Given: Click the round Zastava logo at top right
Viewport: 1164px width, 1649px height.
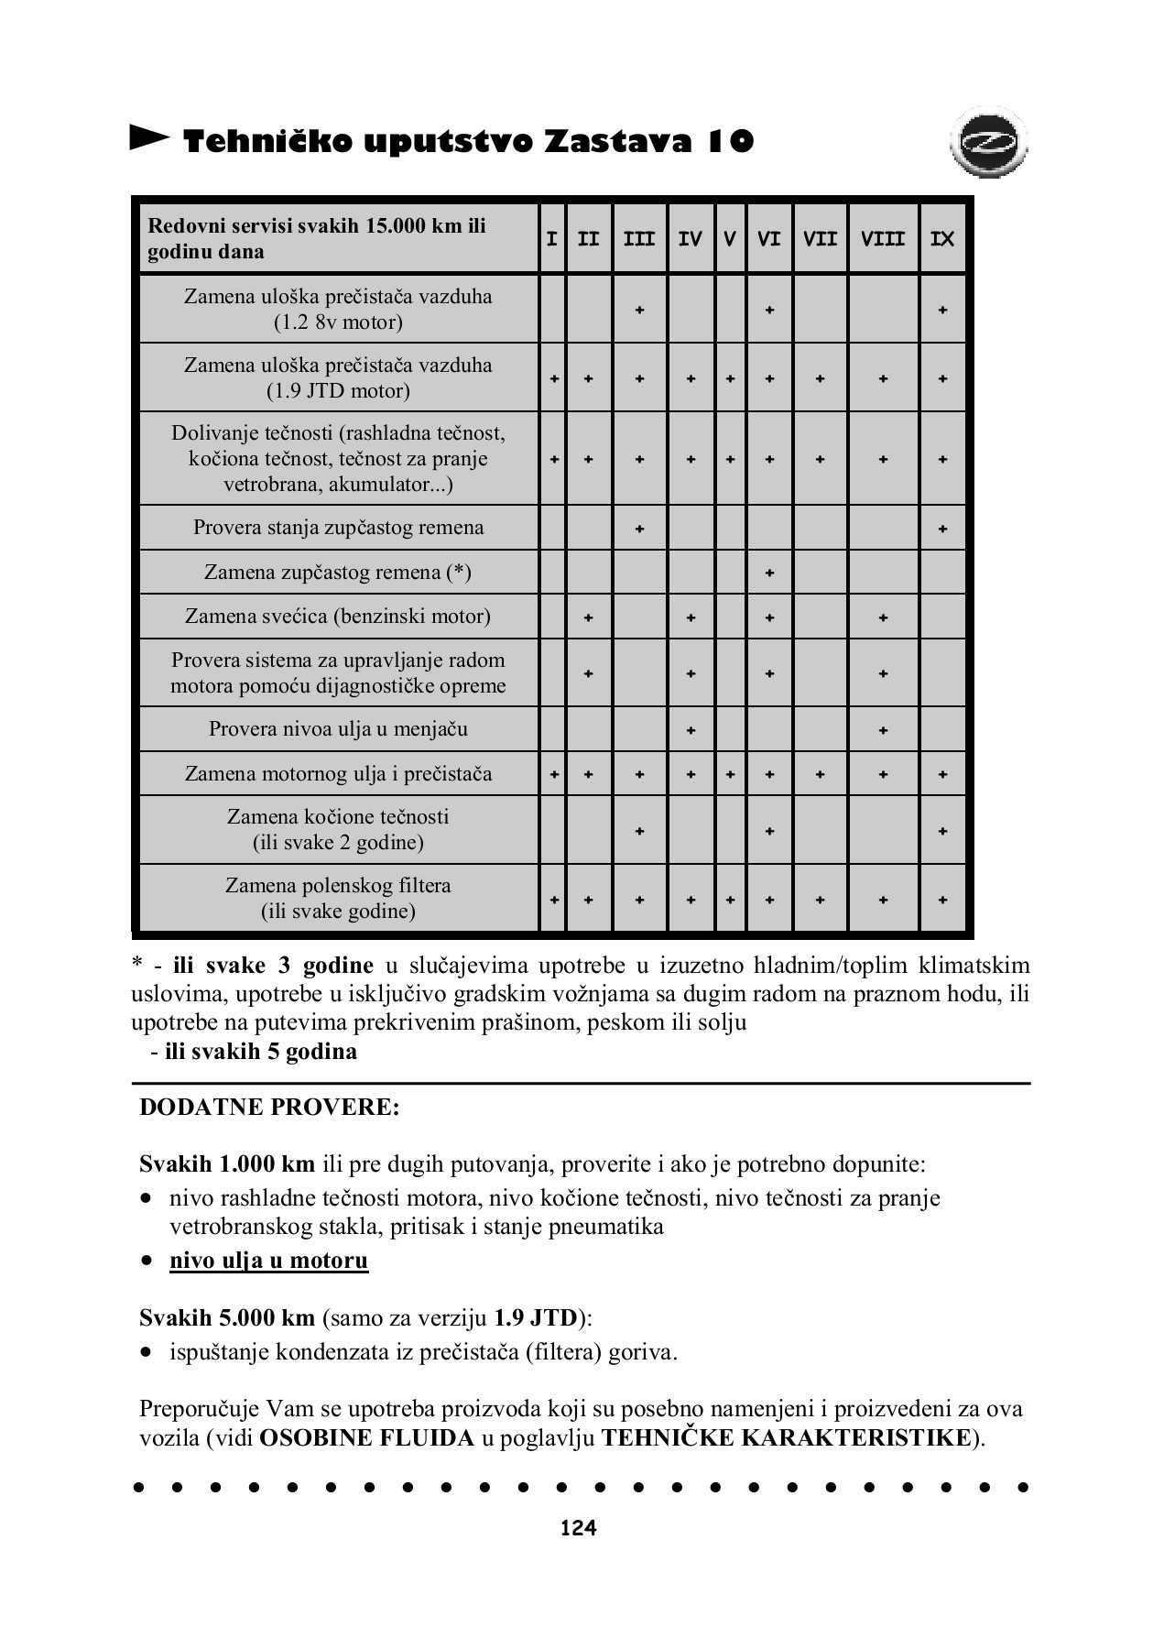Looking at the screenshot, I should coord(989,145).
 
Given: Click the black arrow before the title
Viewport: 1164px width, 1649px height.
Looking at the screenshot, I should coord(149,138).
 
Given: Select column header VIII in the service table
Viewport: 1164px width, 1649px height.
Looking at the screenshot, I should coord(882,239).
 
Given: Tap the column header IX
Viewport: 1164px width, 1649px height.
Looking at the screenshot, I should coord(942,239).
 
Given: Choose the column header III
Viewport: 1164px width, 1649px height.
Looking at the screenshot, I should coord(639,239).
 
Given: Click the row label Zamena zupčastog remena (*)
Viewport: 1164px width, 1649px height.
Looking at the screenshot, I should coord(337,573).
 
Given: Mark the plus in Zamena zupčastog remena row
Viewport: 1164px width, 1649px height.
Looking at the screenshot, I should coord(769,573).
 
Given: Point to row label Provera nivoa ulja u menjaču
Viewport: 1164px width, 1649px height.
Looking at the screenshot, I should coord(338,729).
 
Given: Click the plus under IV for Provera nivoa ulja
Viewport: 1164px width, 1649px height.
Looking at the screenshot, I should coord(691,731).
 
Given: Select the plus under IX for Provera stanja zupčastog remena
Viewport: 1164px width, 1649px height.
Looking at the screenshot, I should coord(942,530).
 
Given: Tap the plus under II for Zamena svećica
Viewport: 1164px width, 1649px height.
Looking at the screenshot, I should coord(588,617).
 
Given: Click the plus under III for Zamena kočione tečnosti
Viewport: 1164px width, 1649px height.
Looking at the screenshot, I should coord(639,832).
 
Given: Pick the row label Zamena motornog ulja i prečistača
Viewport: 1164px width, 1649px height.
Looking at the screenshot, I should coord(338,774).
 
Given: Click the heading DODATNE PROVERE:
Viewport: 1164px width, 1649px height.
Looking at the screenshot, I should coord(269,1107).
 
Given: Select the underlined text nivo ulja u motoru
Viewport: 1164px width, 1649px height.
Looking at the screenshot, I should coord(268,1261).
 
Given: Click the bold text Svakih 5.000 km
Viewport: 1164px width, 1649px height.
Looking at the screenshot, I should coord(227,1318).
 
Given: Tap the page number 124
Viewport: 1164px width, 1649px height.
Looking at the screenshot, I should coord(579,1527).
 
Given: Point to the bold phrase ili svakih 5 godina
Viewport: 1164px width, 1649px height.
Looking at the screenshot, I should coord(261,1051).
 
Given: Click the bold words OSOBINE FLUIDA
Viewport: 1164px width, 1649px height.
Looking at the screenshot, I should coord(366,1437).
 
